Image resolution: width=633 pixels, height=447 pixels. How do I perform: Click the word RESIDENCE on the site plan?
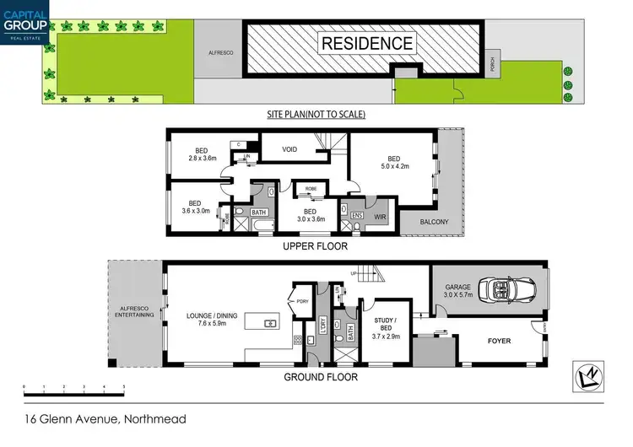point(366,43)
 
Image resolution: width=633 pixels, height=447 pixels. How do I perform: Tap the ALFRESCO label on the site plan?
point(219,53)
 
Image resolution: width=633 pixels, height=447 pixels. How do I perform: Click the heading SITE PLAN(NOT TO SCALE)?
point(316,115)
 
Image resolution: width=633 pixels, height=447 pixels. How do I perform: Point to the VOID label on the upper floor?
point(289,149)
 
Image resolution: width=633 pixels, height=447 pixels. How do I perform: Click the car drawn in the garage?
point(504,291)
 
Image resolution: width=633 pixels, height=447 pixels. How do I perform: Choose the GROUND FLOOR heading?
point(320,377)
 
